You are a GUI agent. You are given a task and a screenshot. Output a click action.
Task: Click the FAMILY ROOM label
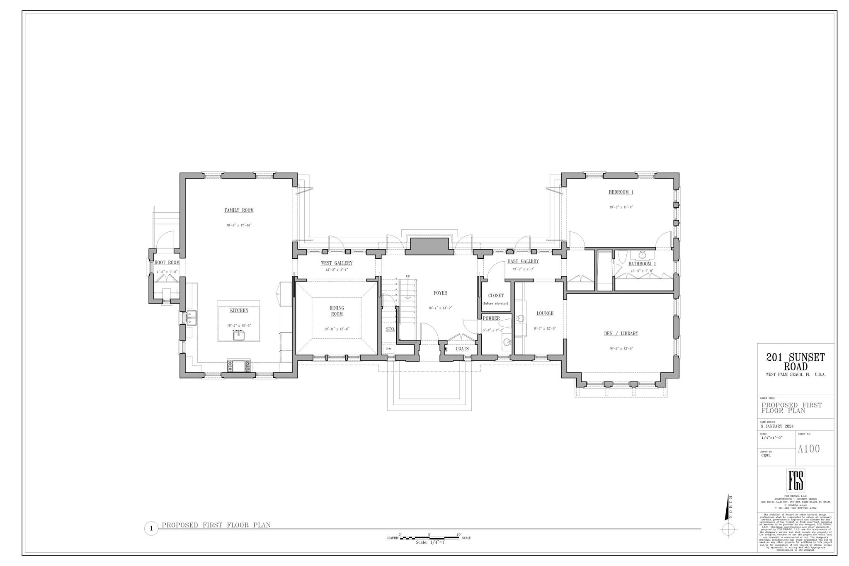click(239, 210)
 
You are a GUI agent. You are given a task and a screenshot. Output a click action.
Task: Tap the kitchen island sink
click(238, 335)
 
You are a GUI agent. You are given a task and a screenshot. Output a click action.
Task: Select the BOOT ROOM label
click(167, 262)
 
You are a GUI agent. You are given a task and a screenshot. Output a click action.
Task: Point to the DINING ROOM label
click(337, 311)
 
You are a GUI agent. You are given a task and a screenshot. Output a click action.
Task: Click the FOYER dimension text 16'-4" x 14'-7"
click(440, 308)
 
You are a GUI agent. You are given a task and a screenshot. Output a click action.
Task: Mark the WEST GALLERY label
click(337, 263)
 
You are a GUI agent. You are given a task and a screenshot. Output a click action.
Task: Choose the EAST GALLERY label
click(523, 261)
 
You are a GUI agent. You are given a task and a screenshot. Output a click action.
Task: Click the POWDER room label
click(491, 318)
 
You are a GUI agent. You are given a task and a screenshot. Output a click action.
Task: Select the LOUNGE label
click(545, 313)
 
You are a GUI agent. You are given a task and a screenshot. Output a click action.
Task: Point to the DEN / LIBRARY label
click(621, 333)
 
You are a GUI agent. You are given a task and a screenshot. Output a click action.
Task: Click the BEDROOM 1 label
click(621, 192)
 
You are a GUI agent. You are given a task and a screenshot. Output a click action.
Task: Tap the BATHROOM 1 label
click(642, 264)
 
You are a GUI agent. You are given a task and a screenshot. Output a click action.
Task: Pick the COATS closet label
click(462, 349)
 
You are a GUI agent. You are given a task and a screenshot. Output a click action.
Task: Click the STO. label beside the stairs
click(390, 329)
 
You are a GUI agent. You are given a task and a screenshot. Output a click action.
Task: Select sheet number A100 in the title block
click(809, 449)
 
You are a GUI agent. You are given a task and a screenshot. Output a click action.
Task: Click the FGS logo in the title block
click(796, 480)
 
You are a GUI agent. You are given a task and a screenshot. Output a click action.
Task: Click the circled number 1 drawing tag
click(151, 529)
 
